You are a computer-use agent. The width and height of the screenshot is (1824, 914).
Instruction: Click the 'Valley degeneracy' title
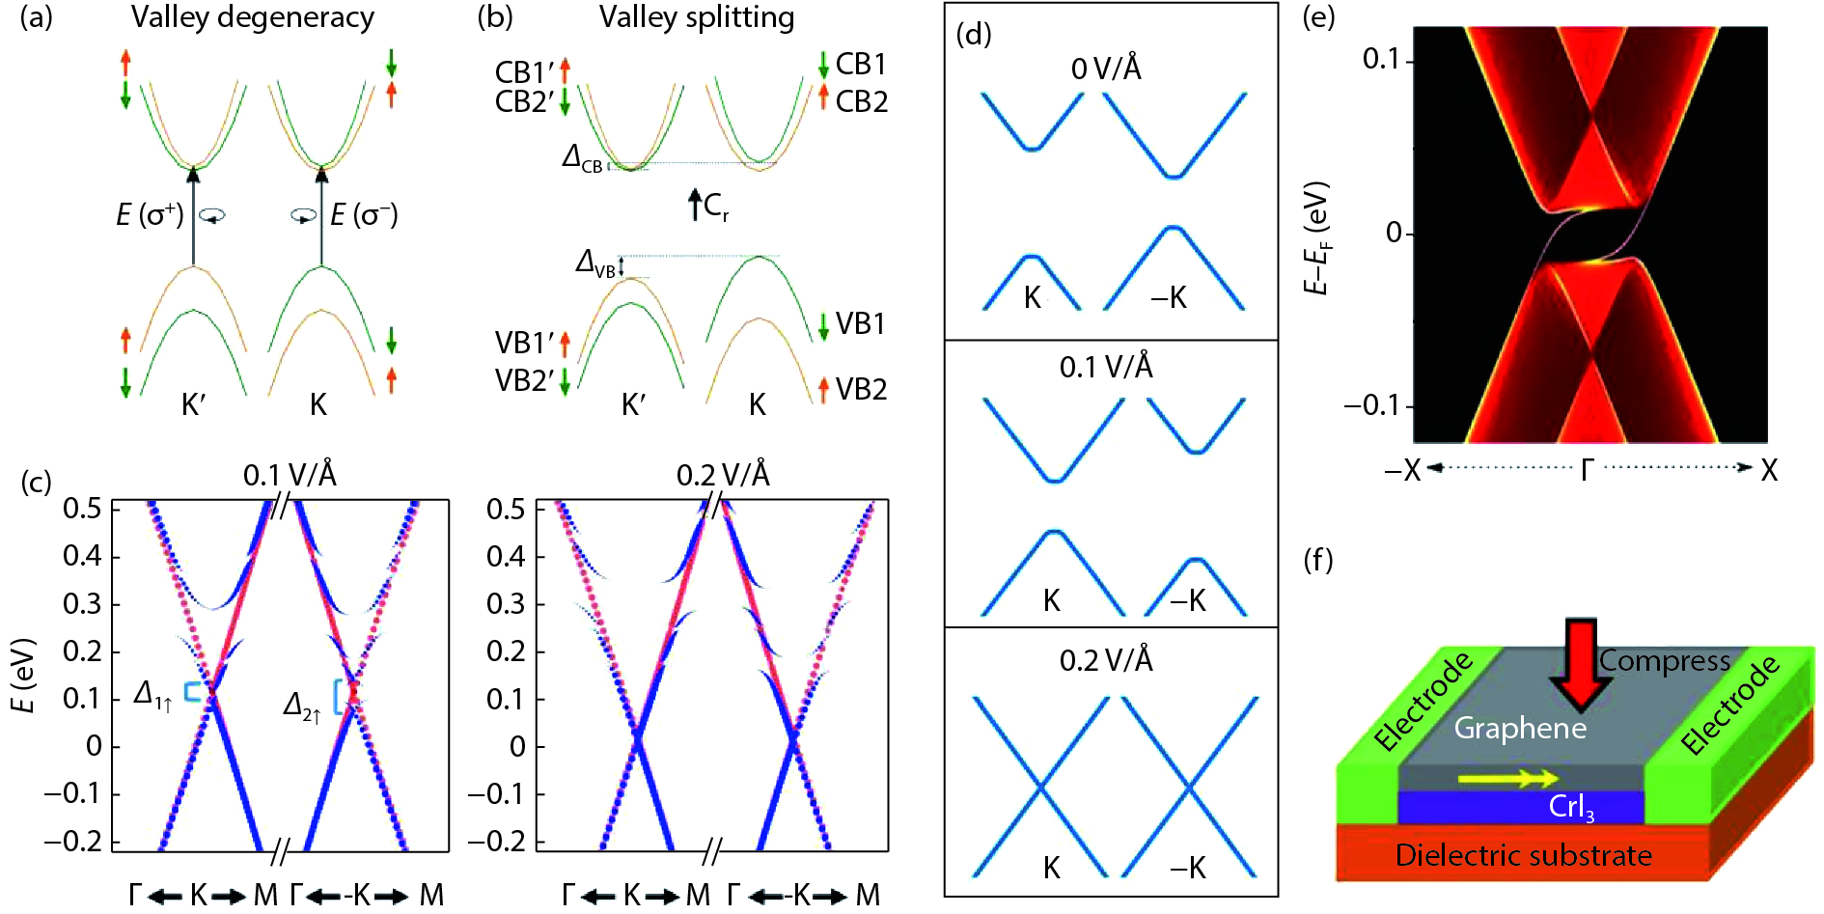pyautogui.click(x=253, y=17)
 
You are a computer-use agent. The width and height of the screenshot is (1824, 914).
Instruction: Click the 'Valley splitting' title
pyautogui.click(x=697, y=17)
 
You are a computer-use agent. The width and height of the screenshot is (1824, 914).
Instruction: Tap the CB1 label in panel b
pyautogui.click(x=861, y=64)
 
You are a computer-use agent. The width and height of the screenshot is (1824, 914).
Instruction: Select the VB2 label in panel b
pyautogui.click(x=861, y=389)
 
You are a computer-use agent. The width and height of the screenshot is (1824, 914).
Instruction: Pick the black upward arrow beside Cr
pyautogui.click(x=695, y=205)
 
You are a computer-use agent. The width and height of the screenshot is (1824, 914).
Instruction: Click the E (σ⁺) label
pyautogui.click(x=150, y=214)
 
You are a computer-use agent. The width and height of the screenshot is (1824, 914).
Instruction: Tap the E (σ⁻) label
pyautogui.click(x=364, y=214)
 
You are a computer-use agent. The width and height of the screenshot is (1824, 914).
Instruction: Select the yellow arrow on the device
pyautogui.click(x=1507, y=778)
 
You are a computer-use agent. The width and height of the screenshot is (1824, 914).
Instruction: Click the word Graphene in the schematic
pyautogui.click(x=1520, y=728)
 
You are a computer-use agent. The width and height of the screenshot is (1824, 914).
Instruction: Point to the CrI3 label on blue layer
pyautogui.click(x=1571, y=807)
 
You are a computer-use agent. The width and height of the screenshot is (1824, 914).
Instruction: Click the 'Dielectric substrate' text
pyautogui.click(x=1523, y=855)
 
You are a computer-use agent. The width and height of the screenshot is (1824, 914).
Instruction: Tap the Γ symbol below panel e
pyautogui.click(x=1587, y=470)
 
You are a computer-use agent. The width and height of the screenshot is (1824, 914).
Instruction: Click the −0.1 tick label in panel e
pyautogui.click(x=1371, y=405)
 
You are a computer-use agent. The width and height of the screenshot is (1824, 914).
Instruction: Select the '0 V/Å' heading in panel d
pyautogui.click(x=1106, y=69)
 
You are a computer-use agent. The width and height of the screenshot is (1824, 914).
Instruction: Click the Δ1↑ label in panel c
pyautogui.click(x=152, y=695)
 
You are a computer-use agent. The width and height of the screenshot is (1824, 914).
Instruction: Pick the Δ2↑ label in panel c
pyautogui.click(x=301, y=707)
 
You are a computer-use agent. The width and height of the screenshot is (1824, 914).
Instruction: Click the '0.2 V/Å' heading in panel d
pyautogui.click(x=1106, y=660)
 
